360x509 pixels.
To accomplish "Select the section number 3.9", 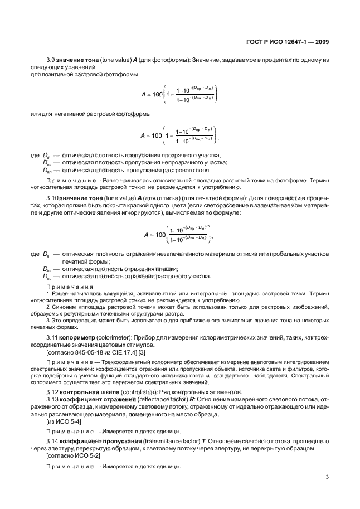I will pyautogui.click(x=51, y=59).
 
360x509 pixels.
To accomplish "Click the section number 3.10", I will pyautogui.click(x=52, y=197).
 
